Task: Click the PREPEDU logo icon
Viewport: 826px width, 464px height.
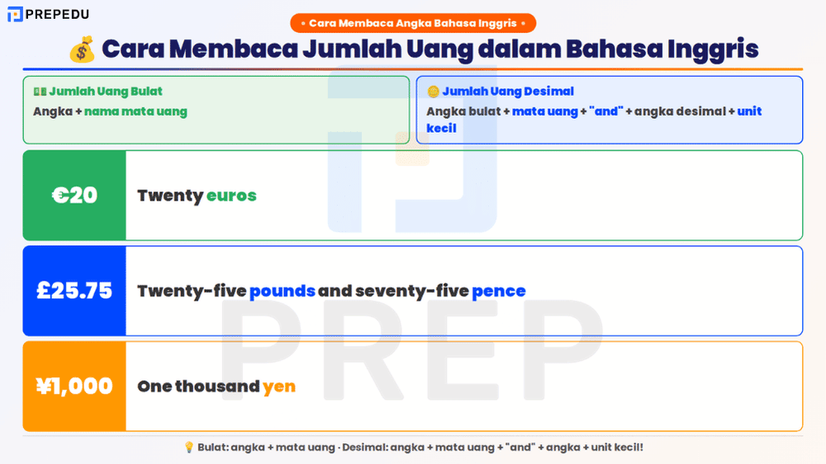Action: (15, 14)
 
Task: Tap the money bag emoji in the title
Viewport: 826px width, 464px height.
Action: (82, 50)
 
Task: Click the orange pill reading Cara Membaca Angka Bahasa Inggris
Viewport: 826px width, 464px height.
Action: (413, 23)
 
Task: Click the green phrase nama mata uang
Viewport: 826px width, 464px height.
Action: (135, 111)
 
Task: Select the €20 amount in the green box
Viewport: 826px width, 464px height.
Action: (74, 196)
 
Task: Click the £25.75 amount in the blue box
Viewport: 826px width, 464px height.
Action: (74, 291)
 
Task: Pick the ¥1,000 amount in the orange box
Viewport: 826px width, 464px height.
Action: (74, 386)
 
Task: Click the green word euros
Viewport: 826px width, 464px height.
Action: (231, 196)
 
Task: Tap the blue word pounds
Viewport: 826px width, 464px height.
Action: (282, 291)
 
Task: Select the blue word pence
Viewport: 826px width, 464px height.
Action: (498, 291)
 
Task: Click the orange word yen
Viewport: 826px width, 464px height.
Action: (279, 386)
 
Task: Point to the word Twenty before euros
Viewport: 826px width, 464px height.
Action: (170, 196)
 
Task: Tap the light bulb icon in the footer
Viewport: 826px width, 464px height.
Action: (189, 447)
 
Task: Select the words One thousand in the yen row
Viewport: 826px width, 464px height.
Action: (198, 386)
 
